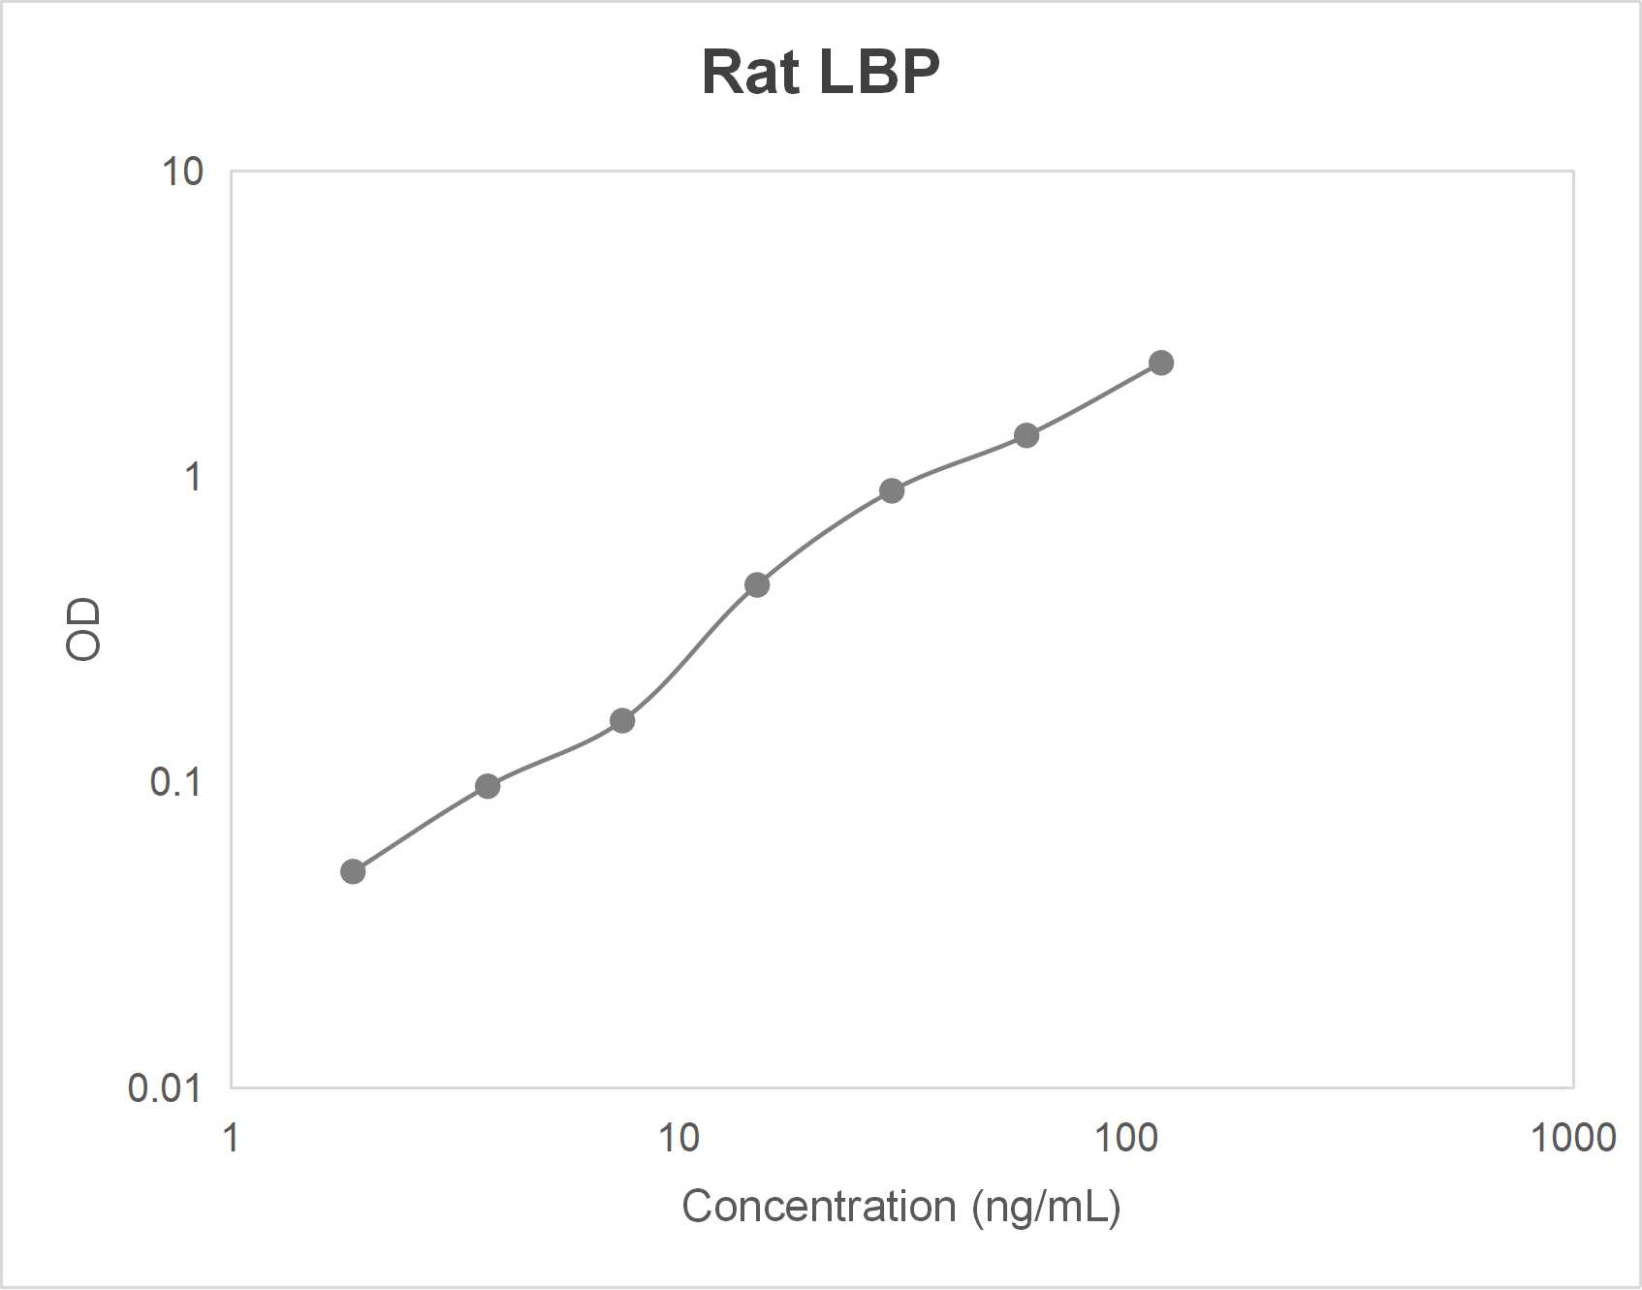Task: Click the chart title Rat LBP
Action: pyautogui.click(x=820, y=72)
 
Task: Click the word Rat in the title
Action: pyautogui.click(x=750, y=72)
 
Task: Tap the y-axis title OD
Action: pyautogui.click(x=83, y=629)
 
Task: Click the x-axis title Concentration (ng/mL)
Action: pyautogui.click(x=900, y=1207)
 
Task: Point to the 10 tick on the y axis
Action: pyautogui.click(x=182, y=173)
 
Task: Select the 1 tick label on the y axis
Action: pyautogui.click(x=193, y=477)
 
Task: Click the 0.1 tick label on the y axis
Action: pyautogui.click(x=175, y=781)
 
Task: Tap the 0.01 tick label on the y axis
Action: pyautogui.click(x=164, y=1087)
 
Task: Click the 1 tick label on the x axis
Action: pyautogui.click(x=231, y=1137)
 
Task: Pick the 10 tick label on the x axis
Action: pyautogui.click(x=679, y=1137)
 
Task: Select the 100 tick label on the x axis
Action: pyautogui.click(x=1126, y=1137)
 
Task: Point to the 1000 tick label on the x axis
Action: pyautogui.click(x=1572, y=1137)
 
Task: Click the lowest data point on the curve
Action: pyautogui.click(x=353, y=871)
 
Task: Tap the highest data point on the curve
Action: pyautogui.click(x=1160, y=362)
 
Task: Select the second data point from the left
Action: pyautogui.click(x=488, y=786)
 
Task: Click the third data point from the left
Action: pyautogui.click(x=622, y=720)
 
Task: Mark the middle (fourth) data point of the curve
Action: pyautogui.click(x=757, y=584)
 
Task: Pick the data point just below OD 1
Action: pyautogui.click(x=892, y=490)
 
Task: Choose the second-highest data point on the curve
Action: pyautogui.click(x=1026, y=435)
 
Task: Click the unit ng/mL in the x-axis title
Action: pyautogui.click(x=1047, y=1207)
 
